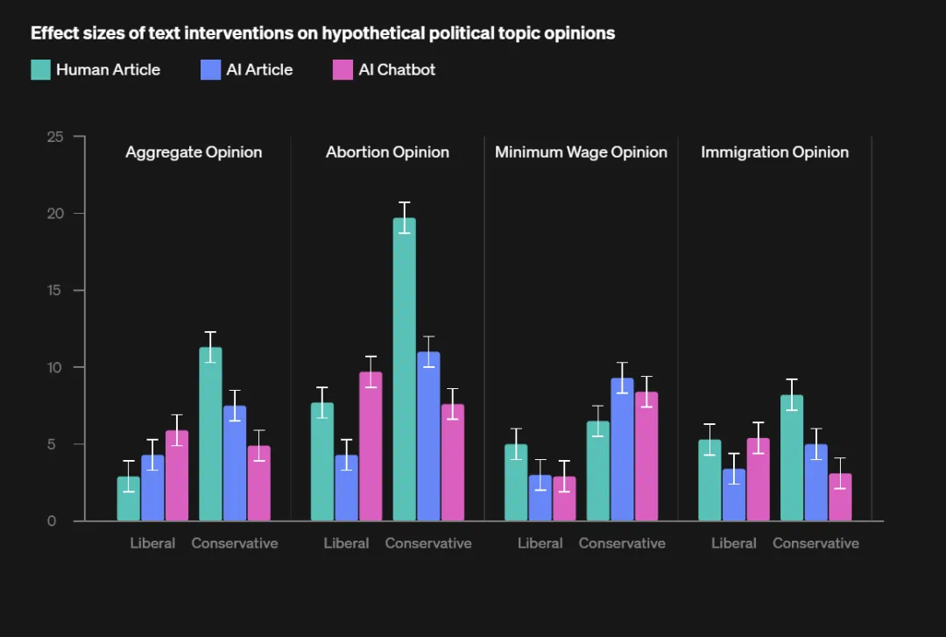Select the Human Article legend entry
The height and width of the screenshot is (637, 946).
tap(95, 70)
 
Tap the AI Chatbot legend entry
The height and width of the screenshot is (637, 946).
tap(385, 70)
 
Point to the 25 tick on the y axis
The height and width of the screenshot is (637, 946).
tap(56, 137)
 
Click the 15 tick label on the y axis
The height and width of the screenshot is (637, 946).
tap(56, 290)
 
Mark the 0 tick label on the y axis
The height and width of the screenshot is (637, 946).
tap(52, 520)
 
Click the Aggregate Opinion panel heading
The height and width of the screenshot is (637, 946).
tap(194, 152)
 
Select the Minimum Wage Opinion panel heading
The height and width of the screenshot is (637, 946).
tap(581, 152)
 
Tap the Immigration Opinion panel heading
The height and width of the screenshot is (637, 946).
tap(774, 152)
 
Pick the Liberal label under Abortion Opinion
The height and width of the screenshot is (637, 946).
tap(346, 543)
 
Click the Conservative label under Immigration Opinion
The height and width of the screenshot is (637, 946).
tap(815, 543)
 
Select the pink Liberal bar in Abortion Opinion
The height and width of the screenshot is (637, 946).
tap(371, 446)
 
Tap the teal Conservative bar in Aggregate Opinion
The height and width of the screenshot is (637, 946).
tap(210, 434)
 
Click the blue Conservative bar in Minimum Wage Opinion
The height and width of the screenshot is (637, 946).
tap(622, 449)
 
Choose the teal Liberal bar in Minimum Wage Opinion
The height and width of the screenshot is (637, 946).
tap(516, 482)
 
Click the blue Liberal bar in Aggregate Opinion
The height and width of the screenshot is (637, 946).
tap(152, 487)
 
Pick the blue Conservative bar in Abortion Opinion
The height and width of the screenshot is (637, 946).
tap(428, 435)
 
